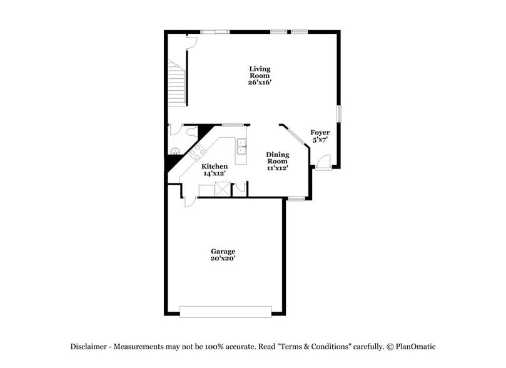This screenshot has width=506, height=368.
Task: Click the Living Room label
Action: pyautogui.click(x=260, y=72)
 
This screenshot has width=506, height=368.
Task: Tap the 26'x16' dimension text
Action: pyautogui.click(x=260, y=82)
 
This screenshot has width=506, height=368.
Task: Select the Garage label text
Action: pyautogui.click(x=223, y=251)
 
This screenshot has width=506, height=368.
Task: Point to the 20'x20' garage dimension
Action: pyautogui.click(x=223, y=258)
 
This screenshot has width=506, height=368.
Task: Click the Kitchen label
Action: pyautogui.click(x=214, y=166)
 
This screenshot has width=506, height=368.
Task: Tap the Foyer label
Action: pyautogui.click(x=320, y=133)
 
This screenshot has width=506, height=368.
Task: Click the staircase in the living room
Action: pyautogui.click(x=176, y=84)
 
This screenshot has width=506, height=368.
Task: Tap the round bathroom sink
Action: pyautogui.click(x=175, y=150)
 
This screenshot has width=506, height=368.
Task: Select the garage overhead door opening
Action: pyautogui.click(x=225, y=311)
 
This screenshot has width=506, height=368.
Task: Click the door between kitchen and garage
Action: pyautogui.click(x=190, y=200)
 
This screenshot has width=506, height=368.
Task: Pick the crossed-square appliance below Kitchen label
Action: pyautogui.click(x=223, y=188)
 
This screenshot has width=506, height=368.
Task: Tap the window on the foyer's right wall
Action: pyautogui.click(x=340, y=114)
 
